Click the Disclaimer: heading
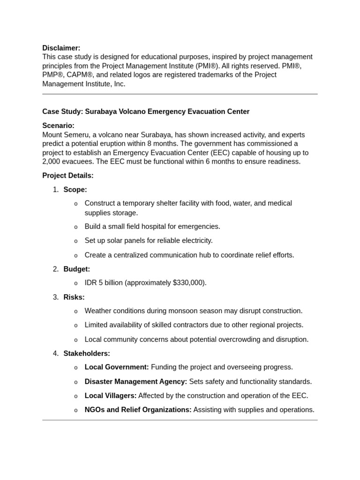(x=61, y=48)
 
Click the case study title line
(x=146, y=112)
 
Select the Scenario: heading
(x=58, y=126)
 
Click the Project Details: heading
(x=68, y=176)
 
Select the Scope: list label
(x=75, y=190)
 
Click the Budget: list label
(x=76, y=269)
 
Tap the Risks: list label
(x=74, y=297)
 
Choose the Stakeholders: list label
(x=87, y=353)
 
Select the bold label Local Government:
(x=117, y=367)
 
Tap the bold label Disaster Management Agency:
(x=135, y=382)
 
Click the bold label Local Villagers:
(x=111, y=396)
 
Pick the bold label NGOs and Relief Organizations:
(x=138, y=410)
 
